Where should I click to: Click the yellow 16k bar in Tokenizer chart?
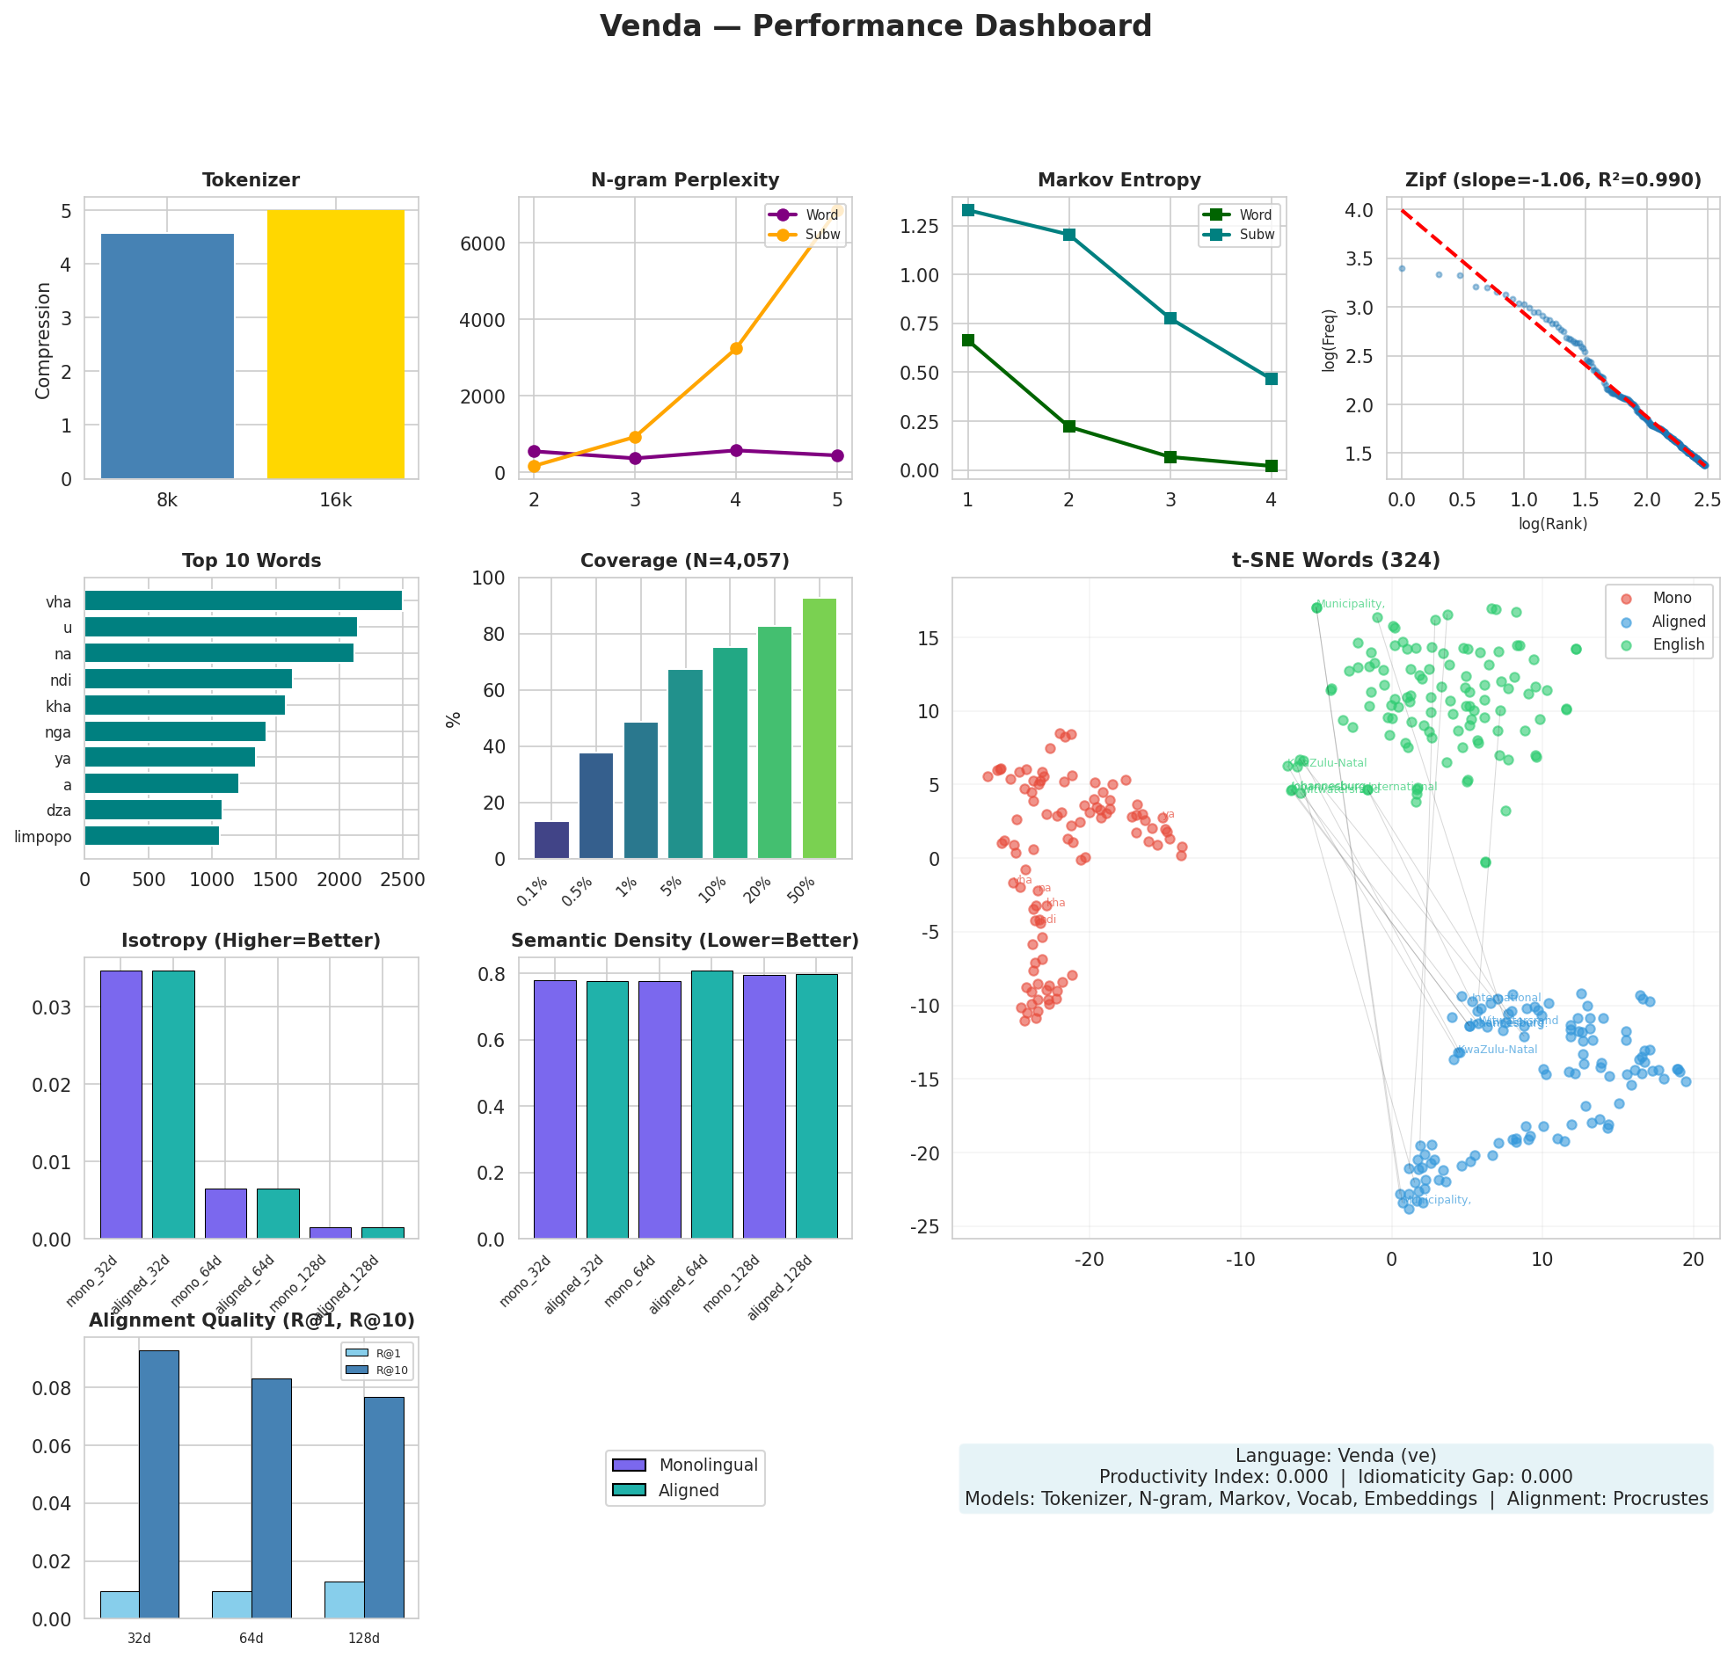point(335,345)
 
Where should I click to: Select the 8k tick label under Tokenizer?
point(167,501)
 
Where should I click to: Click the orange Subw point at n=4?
point(735,348)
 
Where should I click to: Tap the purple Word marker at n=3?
point(635,458)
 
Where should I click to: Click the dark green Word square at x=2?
point(1068,426)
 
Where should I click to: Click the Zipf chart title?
point(1552,180)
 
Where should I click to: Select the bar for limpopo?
point(151,835)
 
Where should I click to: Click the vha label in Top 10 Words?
point(58,603)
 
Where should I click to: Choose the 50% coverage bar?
point(819,728)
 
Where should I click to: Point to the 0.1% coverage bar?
point(551,840)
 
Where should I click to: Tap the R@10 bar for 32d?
point(159,1484)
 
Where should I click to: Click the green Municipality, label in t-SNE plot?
point(1350,604)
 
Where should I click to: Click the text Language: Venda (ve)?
point(1335,1455)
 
